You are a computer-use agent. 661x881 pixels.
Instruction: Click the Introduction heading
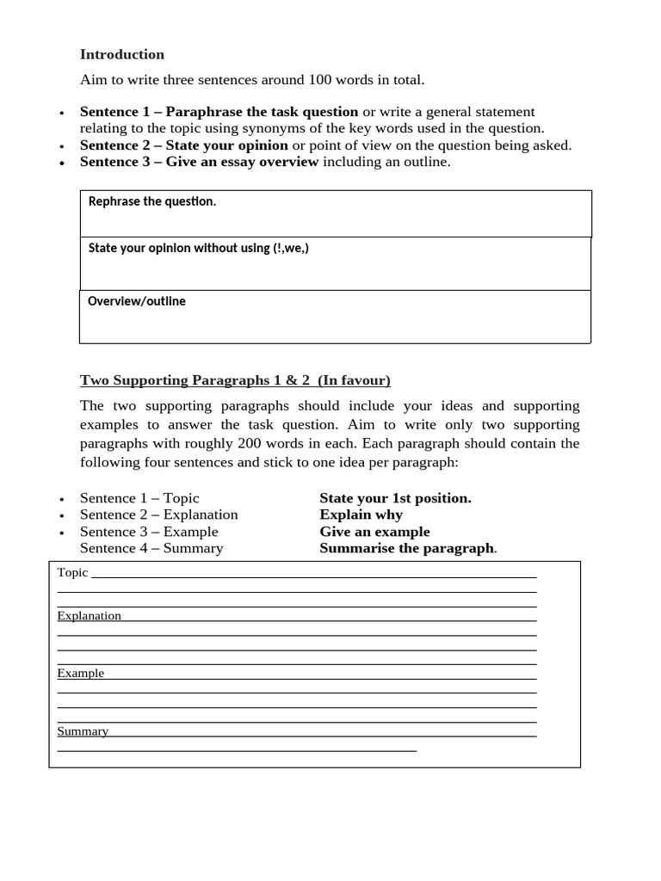pyautogui.click(x=121, y=54)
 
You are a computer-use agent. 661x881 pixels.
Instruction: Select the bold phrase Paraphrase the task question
pyautogui.click(x=262, y=112)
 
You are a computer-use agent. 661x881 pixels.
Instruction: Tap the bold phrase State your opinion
pyautogui.click(x=226, y=145)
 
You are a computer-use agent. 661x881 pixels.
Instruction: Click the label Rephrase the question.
pyautogui.click(x=152, y=201)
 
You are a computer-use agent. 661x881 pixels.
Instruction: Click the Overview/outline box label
pyautogui.click(x=137, y=302)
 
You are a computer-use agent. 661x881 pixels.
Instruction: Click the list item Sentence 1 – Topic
pyautogui.click(x=139, y=498)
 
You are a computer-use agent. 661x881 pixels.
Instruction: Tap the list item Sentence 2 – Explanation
pyautogui.click(x=158, y=514)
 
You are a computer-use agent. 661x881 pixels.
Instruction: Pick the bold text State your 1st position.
pyautogui.click(x=395, y=498)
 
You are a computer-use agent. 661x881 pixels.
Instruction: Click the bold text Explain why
pyautogui.click(x=361, y=514)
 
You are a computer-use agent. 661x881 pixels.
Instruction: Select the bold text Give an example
pyautogui.click(x=374, y=532)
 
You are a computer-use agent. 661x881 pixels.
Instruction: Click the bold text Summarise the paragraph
pyautogui.click(x=406, y=548)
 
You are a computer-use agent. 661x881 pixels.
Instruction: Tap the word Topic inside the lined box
pyautogui.click(x=72, y=572)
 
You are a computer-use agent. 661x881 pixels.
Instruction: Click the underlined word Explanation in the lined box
pyautogui.click(x=89, y=616)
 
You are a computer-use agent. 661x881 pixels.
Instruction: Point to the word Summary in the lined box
pyautogui.click(x=83, y=731)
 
